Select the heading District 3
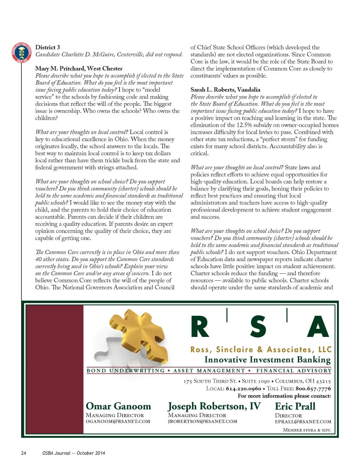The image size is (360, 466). point(47,47)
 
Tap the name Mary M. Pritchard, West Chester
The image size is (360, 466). point(79,69)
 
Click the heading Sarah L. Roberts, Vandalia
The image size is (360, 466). point(225,90)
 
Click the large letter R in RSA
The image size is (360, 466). point(200,327)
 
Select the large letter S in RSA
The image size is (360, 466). point(258,327)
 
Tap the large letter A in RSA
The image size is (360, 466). point(318,327)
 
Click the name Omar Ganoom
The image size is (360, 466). point(118,406)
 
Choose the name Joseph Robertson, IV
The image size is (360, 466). point(214,406)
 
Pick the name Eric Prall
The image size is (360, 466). point(295,406)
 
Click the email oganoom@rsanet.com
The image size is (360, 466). point(118,421)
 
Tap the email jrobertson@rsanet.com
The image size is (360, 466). point(202,421)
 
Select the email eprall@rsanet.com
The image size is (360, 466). point(303,421)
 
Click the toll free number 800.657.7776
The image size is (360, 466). point(313,389)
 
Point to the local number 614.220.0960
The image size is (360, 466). point(244,389)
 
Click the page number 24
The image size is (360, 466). point(24,453)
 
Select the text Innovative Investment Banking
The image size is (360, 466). point(268,360)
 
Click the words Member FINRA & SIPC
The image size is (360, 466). point(307,430)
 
